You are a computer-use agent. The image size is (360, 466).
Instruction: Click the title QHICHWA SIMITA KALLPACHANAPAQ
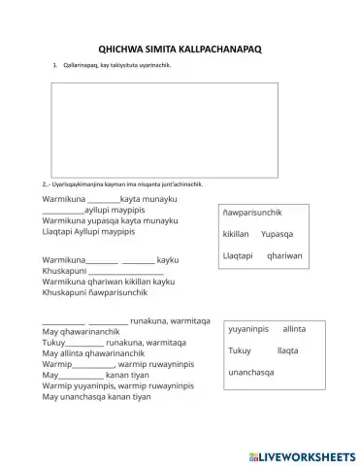coord(180,46)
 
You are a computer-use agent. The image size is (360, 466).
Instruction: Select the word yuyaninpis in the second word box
coord(248,329)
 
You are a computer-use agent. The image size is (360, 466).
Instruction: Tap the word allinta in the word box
coord(294,329)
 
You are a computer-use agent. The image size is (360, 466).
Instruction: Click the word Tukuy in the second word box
coord(239,349)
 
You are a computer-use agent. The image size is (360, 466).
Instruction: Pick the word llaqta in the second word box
coord(287,349)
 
